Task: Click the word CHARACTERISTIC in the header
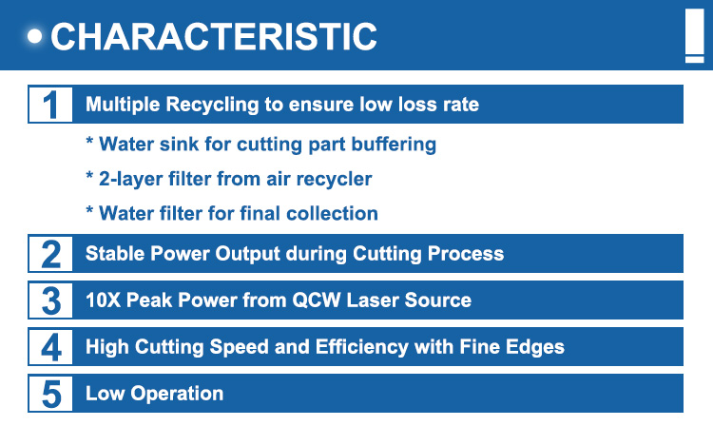point(214,36)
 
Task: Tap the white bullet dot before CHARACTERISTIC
point(34,36)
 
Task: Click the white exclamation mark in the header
point(694,36)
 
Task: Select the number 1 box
point(50,105)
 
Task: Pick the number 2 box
point(50,254)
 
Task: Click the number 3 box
point(50,300)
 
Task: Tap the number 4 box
point(50,347)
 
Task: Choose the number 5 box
point(50,394)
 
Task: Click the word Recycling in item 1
point(212,105)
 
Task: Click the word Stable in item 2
point(115,254)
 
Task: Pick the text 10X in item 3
point(103,300)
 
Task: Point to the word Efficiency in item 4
point(362,347)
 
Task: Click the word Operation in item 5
point(177,394)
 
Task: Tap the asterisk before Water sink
point(89,141)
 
